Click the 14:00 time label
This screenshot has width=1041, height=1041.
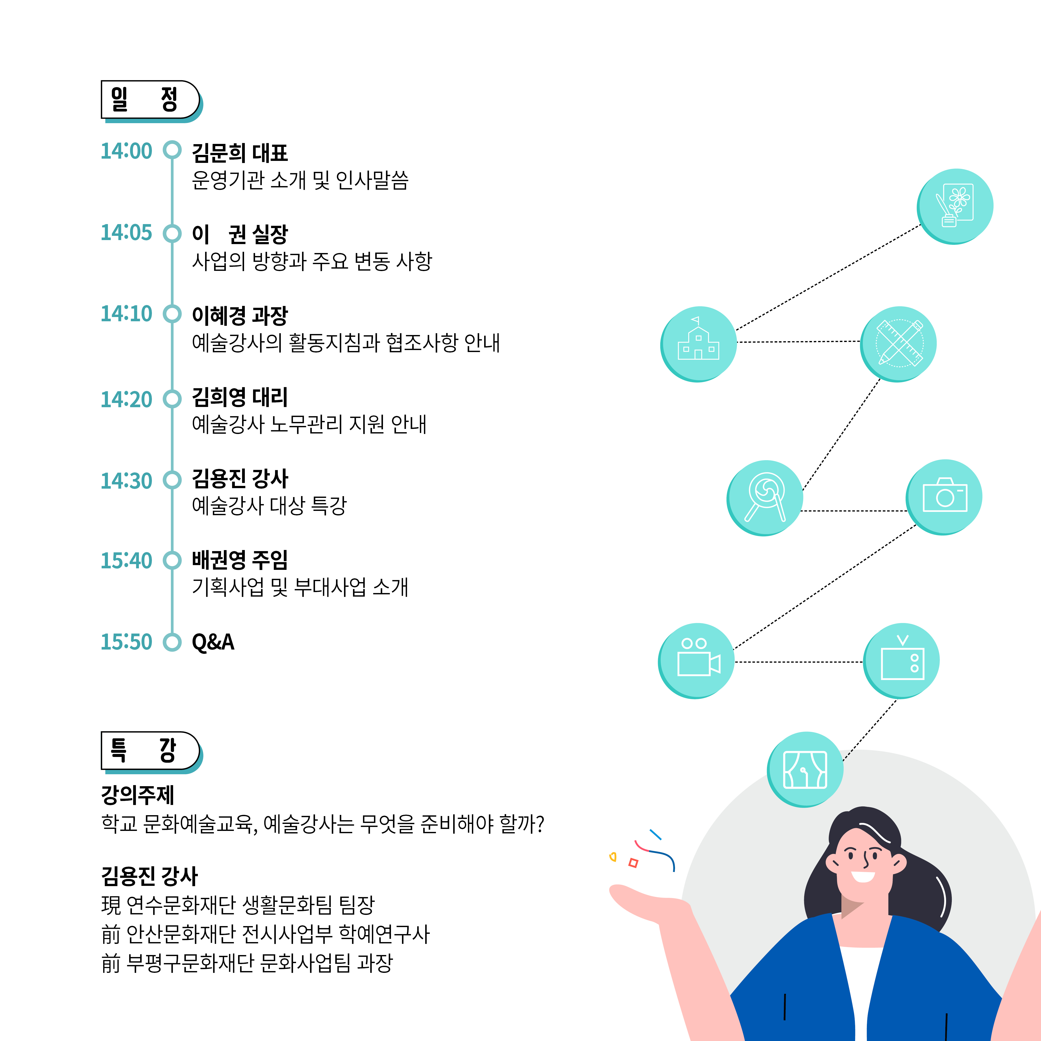coord(127,151)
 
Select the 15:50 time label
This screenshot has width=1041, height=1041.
coord(127,642)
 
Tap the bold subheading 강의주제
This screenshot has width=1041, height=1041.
coord(137,795)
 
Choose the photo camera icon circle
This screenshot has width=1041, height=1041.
coord(944,497)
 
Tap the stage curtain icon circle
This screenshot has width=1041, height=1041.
coord(805,769)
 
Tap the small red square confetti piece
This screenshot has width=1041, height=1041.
coord(634,863)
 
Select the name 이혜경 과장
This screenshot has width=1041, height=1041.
coord(240,316)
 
